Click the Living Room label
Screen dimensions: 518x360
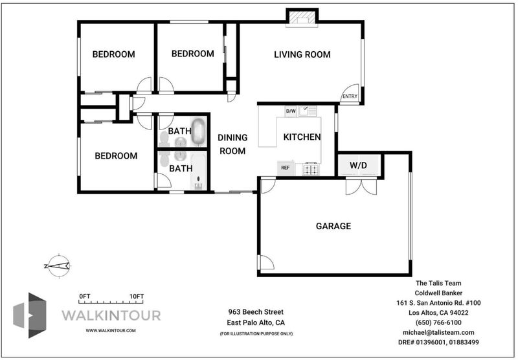(302, 54)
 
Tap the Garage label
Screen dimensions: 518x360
(333, 226)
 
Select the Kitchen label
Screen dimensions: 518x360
(302, 137)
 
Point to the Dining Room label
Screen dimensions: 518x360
(232, 144)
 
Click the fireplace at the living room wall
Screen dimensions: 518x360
(302, 18)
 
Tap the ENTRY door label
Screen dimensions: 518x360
(350, 96)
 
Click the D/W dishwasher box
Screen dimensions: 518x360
(291, 111)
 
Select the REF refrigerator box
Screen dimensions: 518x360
(286, 168)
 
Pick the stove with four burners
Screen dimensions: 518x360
(311, 169)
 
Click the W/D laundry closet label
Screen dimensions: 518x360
(359, 165)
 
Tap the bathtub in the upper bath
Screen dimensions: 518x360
(198, 132)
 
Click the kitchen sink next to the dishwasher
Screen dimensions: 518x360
(308, 111)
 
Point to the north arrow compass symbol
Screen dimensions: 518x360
(58, 266)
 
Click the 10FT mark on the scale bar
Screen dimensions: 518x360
(137, 297)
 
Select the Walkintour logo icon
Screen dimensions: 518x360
(30, 315)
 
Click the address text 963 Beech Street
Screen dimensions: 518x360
(256, 312)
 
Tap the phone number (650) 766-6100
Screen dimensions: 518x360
(438, 322)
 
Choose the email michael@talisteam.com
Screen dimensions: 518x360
(438, 333)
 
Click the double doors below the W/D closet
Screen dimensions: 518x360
(361, 186)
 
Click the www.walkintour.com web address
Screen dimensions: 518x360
(111, 330)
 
